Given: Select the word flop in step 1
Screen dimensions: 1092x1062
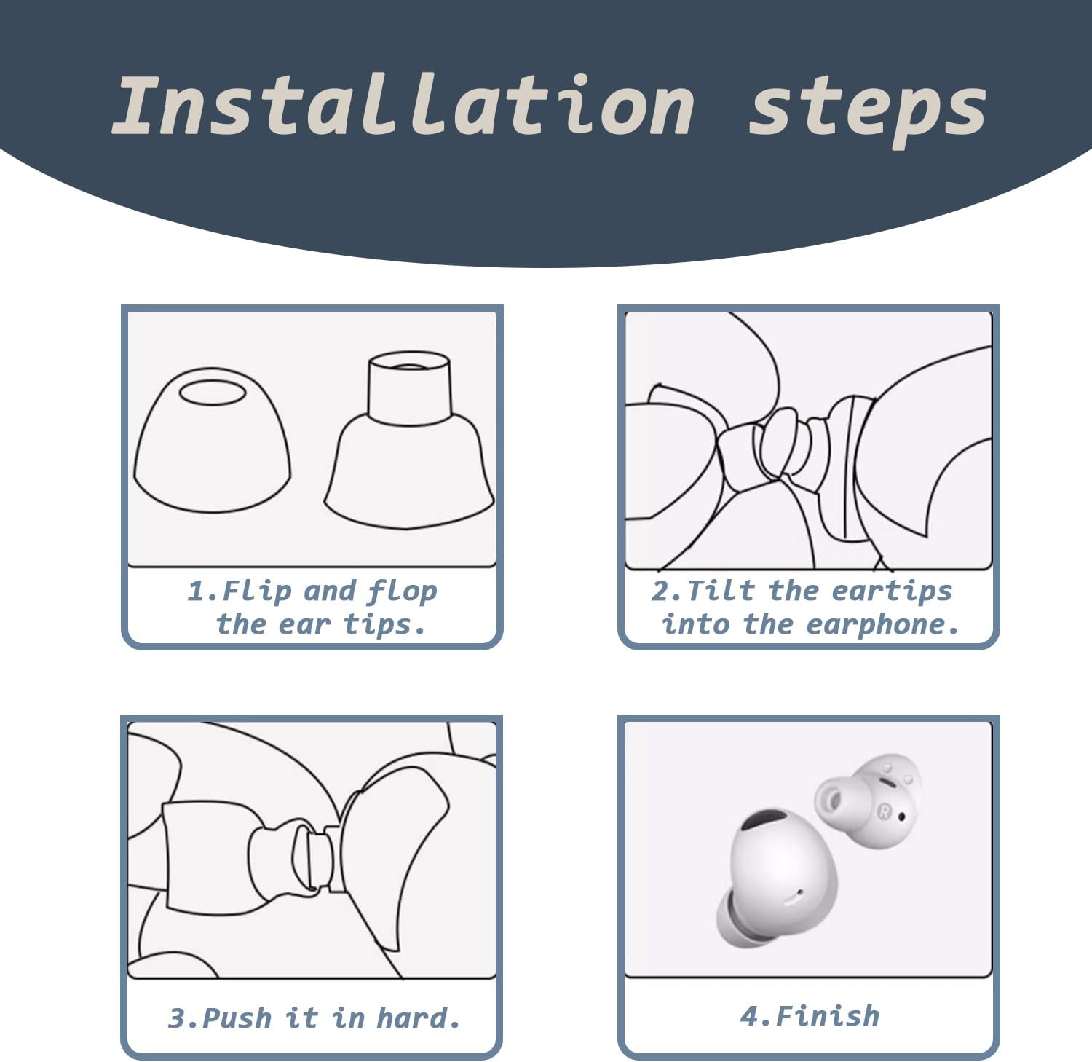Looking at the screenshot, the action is [x=402, y=591].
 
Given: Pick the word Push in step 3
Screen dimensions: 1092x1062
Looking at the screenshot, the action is [x=237, y=1017].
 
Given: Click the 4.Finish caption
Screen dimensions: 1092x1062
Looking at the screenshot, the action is [x=810, y=1015].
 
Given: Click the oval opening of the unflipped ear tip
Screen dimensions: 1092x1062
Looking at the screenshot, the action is [x=213, y=392].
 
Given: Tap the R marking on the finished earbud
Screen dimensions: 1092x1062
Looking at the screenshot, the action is [x=885, y=810].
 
